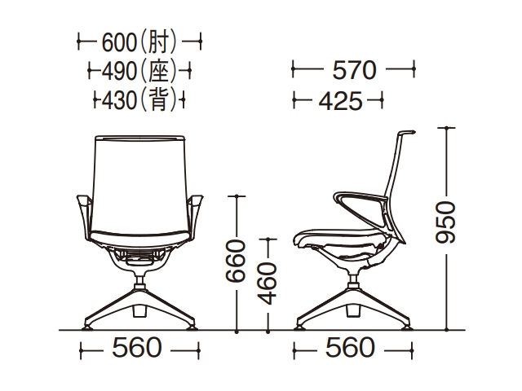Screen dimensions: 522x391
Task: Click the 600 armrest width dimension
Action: click(119, 42)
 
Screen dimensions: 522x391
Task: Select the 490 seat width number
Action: click(119, 71)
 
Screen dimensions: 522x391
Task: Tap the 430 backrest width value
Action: click(119, 100)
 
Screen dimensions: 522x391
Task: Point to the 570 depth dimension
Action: click(355, 70)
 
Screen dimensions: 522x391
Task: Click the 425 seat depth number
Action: click(341, 101)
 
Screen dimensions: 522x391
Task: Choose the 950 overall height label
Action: click(445, 222)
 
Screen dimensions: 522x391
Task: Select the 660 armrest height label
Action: click(236, 261)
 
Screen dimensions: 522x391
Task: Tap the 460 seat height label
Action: click(268, 283)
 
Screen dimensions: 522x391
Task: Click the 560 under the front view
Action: click(137, 348)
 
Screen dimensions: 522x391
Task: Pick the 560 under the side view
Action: click(350, 348)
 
